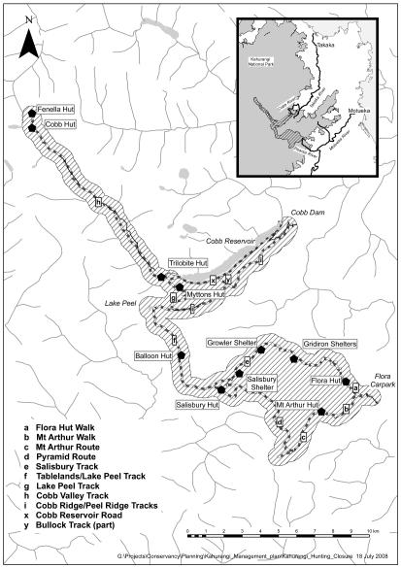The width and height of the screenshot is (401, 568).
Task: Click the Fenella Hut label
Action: [56, 111]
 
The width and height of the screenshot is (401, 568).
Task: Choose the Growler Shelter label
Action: [231, 343]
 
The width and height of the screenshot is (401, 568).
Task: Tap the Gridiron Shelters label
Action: [332, 345]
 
